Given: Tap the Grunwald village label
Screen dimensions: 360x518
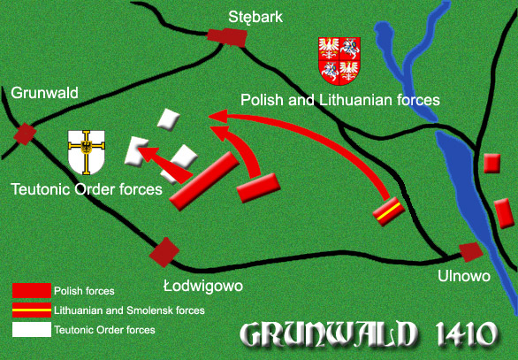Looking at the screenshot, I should click(x=45, y=93).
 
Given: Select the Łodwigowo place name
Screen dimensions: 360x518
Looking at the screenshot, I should click(x=202, y=286).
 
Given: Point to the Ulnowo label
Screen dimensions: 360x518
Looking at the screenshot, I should click(x=463, y=277).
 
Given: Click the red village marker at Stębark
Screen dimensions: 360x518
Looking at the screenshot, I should click(x=226, y=35).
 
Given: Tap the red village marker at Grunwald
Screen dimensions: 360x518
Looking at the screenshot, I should click(x=25, y=134).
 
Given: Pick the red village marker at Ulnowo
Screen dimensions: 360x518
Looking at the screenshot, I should click(x=470, y=251).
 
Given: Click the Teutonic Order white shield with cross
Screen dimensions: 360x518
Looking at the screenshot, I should click(x=88, y=152).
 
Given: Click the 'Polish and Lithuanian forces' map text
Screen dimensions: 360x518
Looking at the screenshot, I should click(x=340, y=100).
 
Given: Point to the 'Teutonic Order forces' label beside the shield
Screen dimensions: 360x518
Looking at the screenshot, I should click(x=87, y=188).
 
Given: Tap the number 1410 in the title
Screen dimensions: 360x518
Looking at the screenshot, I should click(x=459, y=336).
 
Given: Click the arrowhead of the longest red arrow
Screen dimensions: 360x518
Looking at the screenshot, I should click(x=216, y=115).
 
